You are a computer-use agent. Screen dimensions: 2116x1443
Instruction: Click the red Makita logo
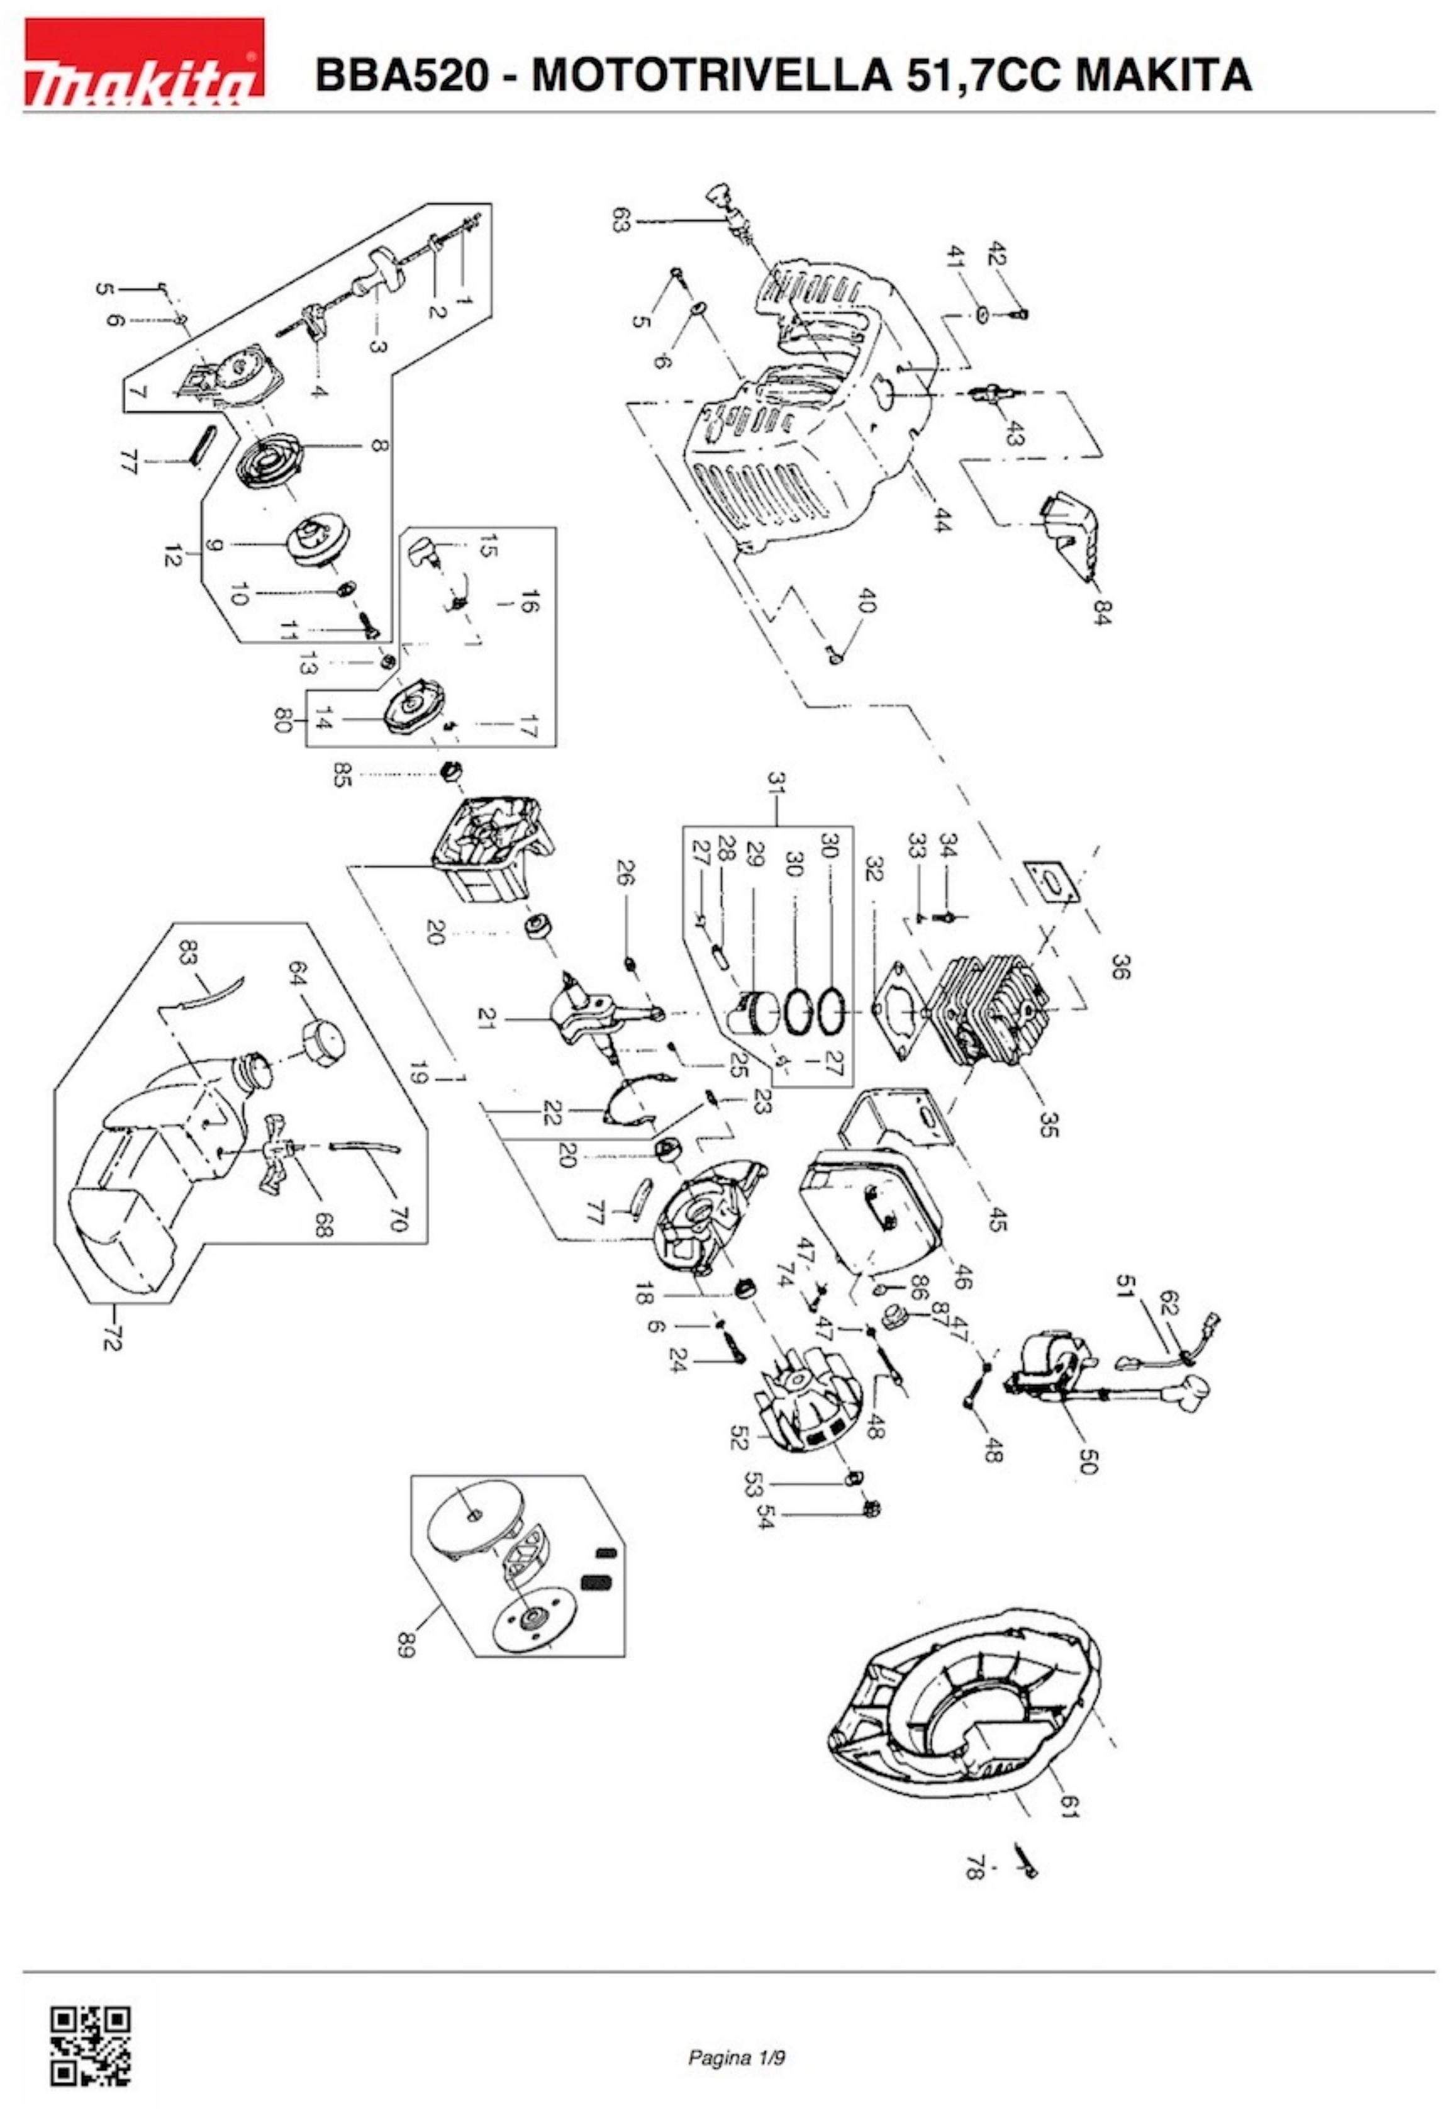tap(144, 61)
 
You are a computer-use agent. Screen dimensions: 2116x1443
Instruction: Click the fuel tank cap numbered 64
tap(323, 1036)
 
